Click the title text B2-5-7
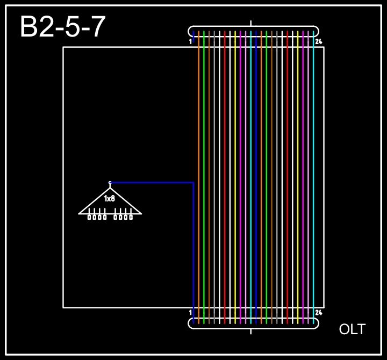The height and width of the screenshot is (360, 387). click(62, 27)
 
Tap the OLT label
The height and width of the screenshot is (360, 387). click(352, 329)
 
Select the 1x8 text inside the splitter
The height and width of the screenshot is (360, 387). click(110, 199)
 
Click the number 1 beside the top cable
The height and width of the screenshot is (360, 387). click(190, 41)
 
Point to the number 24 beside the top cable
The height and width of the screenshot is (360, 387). click(318, 41)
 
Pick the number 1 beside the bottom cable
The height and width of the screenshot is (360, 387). click(190, 312)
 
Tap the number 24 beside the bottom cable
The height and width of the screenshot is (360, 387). click(318, 312)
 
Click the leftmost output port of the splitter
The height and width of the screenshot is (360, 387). click(89, 217)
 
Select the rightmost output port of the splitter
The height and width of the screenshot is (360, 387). click(131, 217)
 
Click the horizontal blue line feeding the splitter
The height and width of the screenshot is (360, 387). click(150, 183)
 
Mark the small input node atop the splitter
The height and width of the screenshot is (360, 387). click(110, 183)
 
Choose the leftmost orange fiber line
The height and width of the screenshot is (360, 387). click(199, 161)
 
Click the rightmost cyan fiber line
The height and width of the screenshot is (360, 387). click(313, 161)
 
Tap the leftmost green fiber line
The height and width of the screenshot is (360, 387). click(204, 161)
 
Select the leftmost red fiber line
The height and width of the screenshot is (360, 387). click(225, 161)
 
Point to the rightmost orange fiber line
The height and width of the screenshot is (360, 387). click(261, 161)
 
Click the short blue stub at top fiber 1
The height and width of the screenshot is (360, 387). click(193, 34)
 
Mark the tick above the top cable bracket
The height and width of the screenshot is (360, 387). click(251, 23)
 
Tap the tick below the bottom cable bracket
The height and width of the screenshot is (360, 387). click(251, 331)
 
